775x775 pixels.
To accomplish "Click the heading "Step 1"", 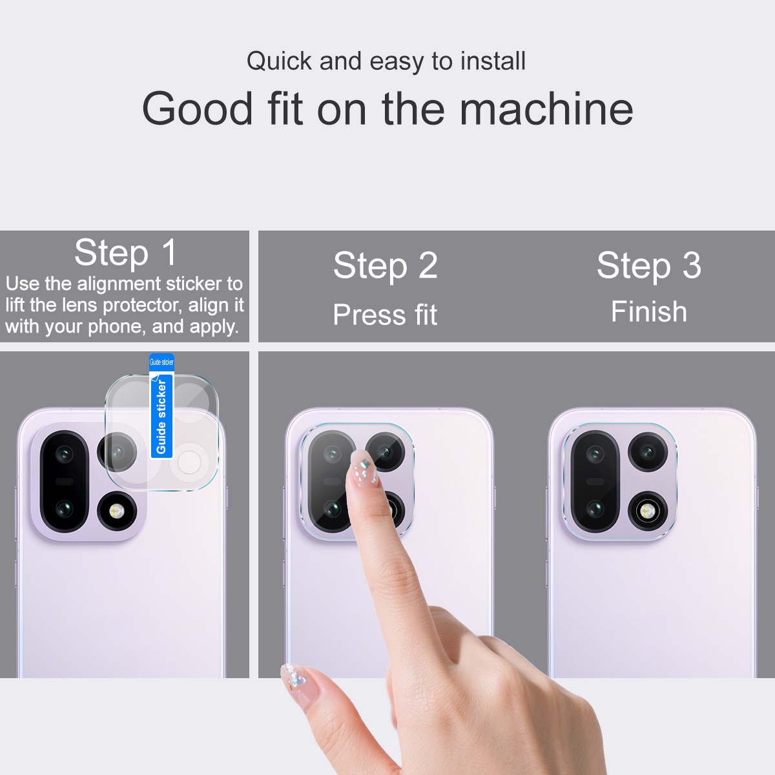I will pos(125,252).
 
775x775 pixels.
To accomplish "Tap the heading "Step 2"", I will pos(386,265).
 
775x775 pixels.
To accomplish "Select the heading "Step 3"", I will pos(648,265).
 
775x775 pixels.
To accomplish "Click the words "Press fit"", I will pos(385,315).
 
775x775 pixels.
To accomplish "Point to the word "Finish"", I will pos(648,312).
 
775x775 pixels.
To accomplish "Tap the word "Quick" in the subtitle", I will pos(279,61).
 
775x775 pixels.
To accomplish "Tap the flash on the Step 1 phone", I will pos(117,512).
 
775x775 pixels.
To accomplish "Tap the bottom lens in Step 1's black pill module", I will pos(63,510).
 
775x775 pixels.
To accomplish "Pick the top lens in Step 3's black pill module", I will pos(595,454).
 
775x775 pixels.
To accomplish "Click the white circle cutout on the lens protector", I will pos(189,462).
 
